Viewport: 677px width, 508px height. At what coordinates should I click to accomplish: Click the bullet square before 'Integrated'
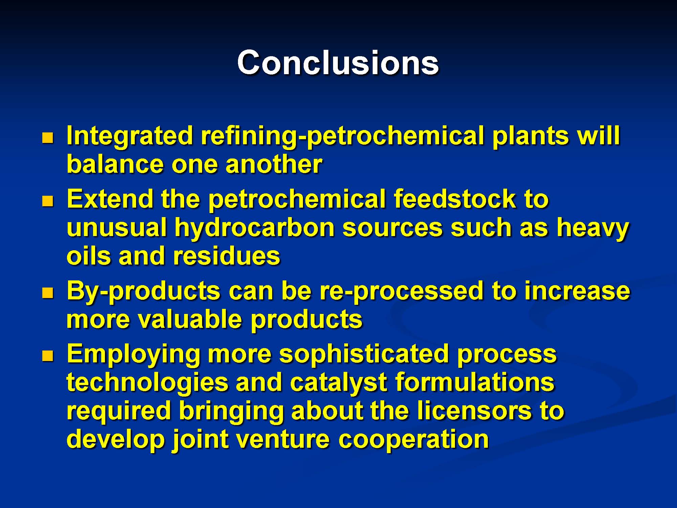pyautogui.click(x=48, y=138)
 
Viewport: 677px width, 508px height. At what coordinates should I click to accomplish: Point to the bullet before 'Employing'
pyautogui.click(x=48, y=356)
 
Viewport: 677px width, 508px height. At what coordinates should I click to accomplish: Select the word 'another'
pyautogui.click(x=274, y=165)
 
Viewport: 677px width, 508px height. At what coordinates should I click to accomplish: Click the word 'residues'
pyautogui.click(x=226, y=256)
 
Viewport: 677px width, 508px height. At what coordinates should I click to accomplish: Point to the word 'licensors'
pyautogui.click(x=474, y=410)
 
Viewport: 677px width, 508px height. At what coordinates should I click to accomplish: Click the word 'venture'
pyautogui.click(x=283, y=440)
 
